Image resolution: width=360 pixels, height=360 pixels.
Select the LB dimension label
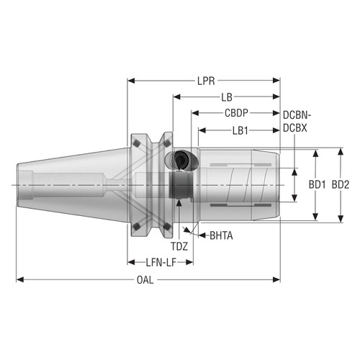pos(226,96)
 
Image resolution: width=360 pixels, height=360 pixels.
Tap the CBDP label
pos(236,113)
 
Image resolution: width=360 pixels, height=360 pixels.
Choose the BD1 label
pos(318,185)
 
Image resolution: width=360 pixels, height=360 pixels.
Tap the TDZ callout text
pos(179,246)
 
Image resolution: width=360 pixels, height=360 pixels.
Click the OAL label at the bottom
pos(145,280)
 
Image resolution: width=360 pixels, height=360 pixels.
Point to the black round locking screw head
pos(178,160)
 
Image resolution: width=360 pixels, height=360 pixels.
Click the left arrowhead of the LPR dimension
pos(130,81)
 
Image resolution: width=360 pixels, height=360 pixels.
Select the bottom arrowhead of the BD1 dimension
pos(315,217)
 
